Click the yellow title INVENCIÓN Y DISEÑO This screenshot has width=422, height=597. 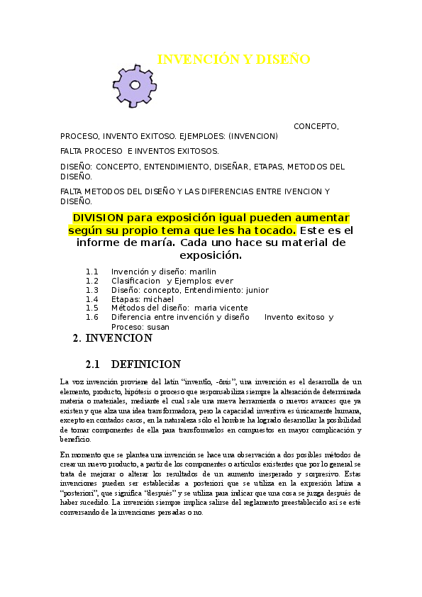click(233, 60)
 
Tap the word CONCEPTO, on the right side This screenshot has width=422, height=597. click(316, 126)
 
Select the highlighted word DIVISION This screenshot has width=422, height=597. click(98, 218)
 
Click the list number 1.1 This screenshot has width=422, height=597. click(91, 272)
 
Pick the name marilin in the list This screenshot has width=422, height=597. click(202, 272)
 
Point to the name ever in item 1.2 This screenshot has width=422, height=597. click(224, 281)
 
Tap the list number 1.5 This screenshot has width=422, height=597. click(91, 308)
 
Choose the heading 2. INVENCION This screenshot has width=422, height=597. click(113, 339)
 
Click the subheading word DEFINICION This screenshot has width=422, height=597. click(146, 364)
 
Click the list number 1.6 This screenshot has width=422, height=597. click(91, 318)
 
